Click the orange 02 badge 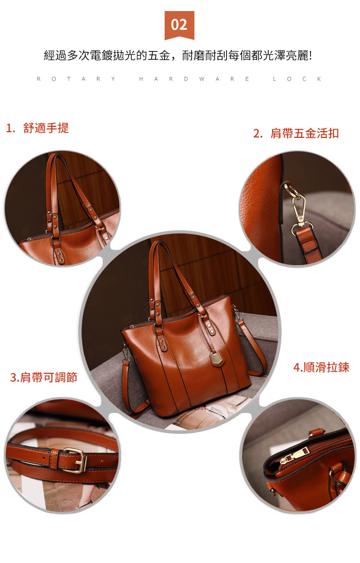(x=179, y=25)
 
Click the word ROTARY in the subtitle (x=76, y=79)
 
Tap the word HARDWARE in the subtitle (x=194, y=79)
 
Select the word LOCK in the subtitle (x=297, y=79)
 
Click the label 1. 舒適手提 (x=37, y=128)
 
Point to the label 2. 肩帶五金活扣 (x=296, y=133)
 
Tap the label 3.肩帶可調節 (x=43, y=378)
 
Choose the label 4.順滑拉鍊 (x=321, y=367)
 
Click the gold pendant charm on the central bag (x=217, y=359)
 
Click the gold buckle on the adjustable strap (x=75, y=460)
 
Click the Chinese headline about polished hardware (x=178, y=56)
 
